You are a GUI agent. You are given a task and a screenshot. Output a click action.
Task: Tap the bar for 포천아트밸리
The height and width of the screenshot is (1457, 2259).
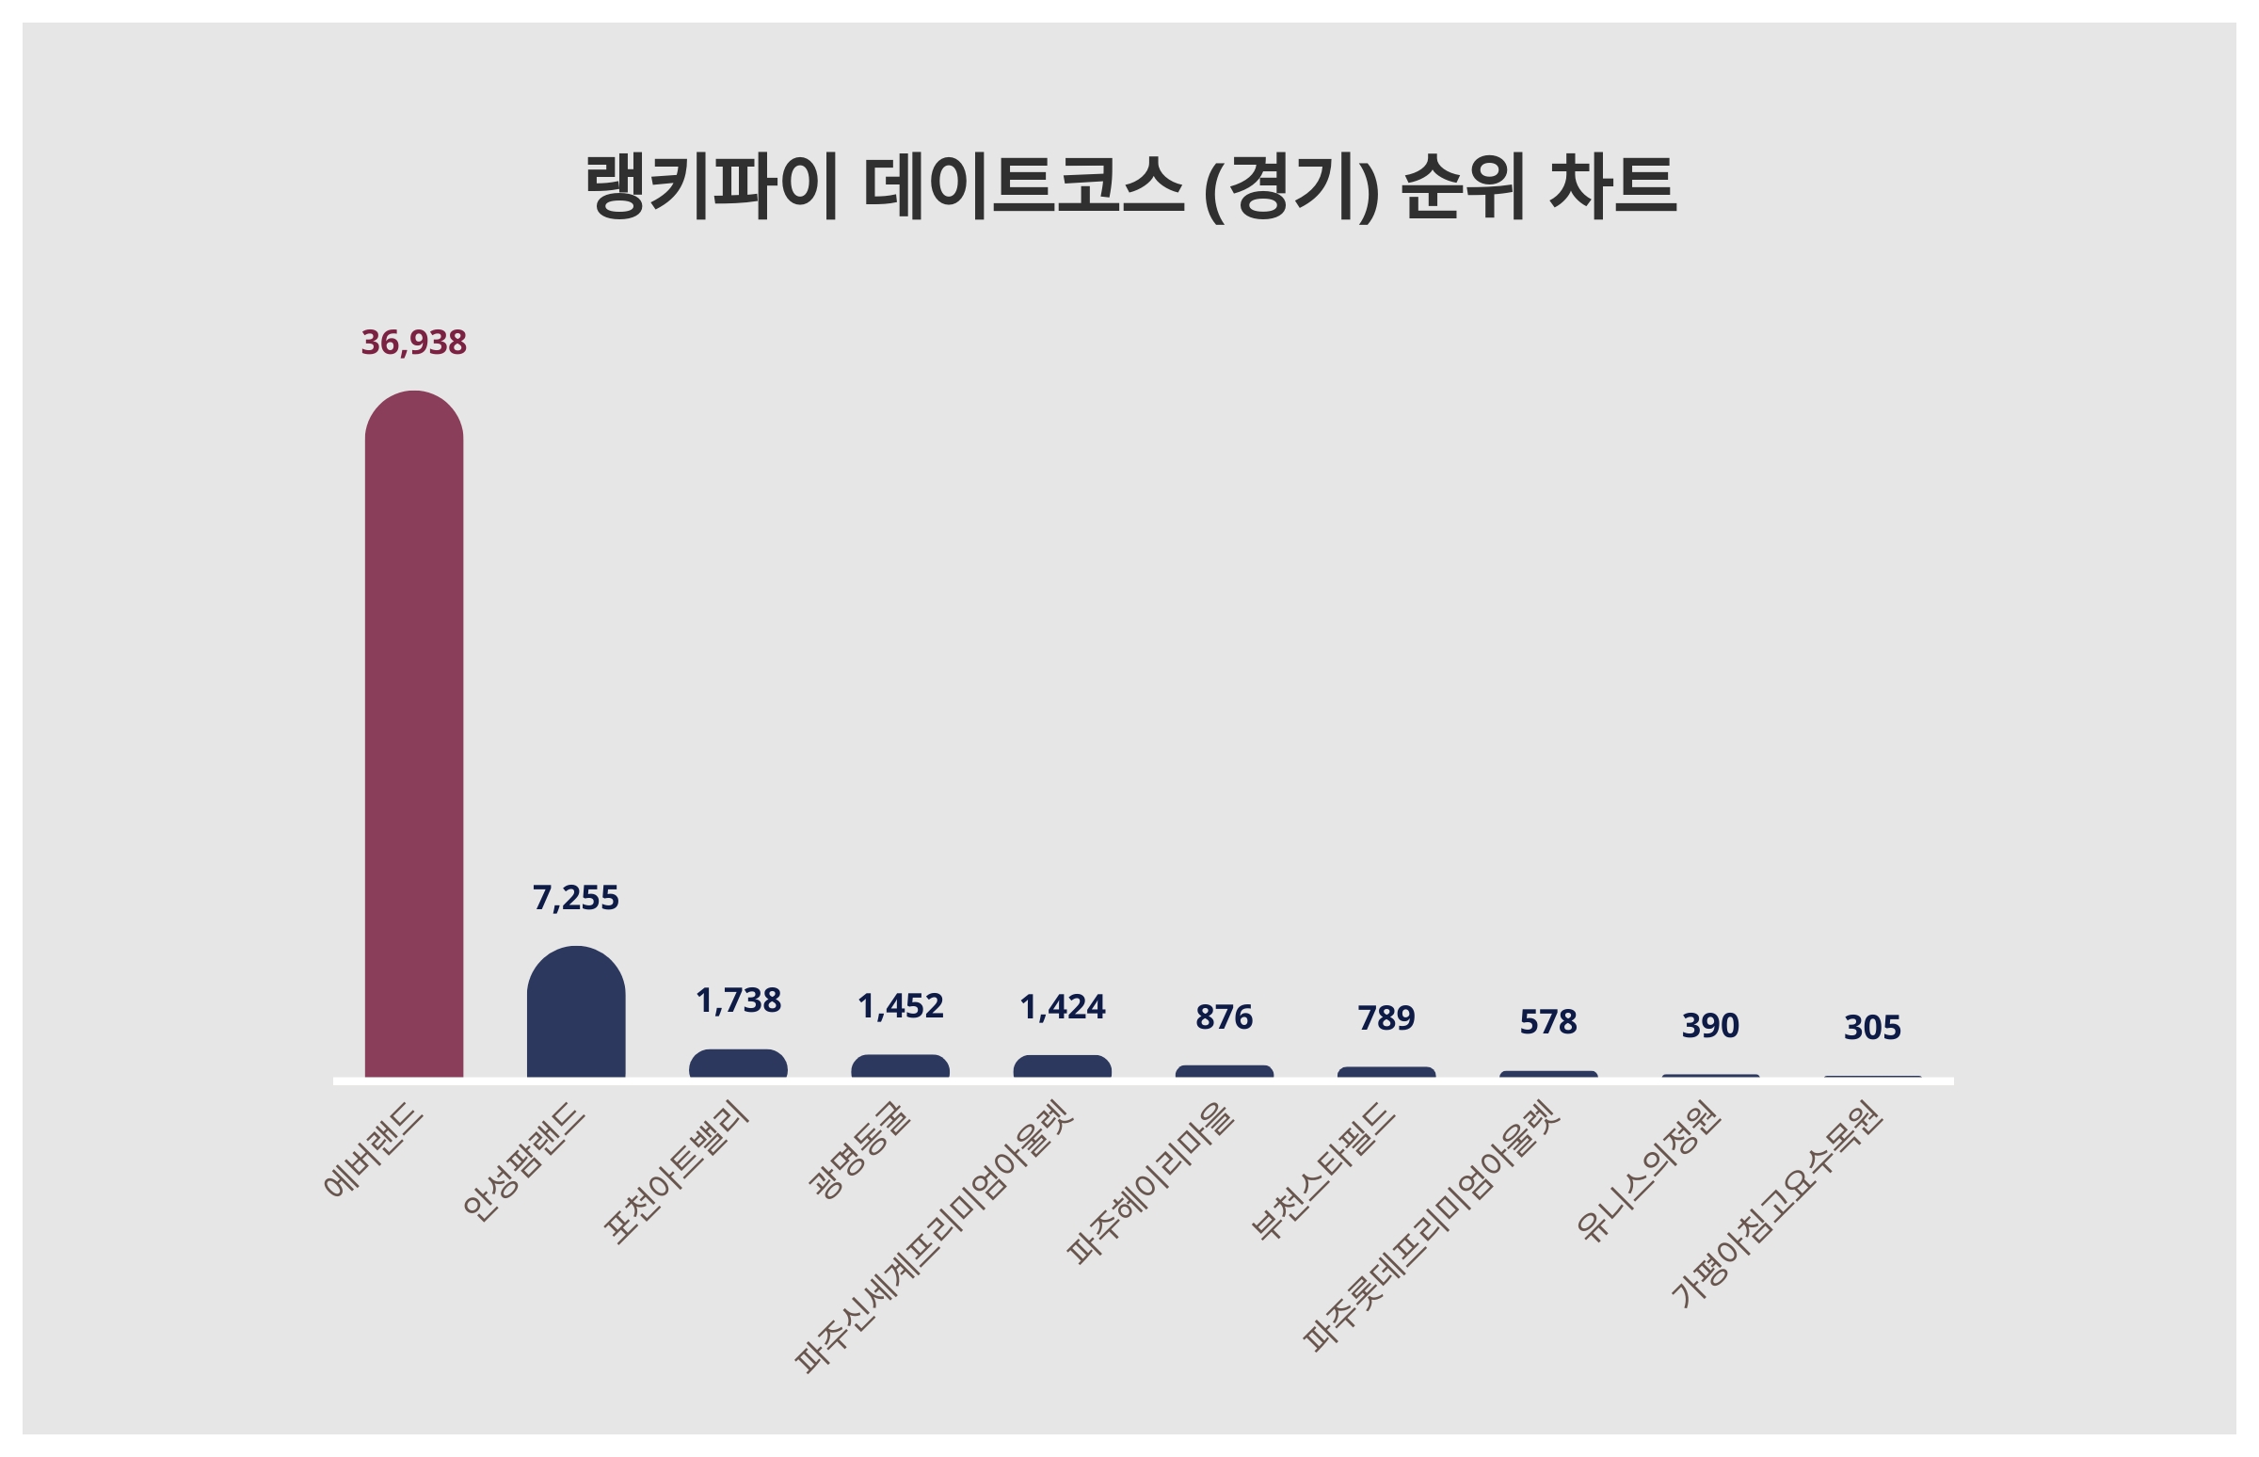point(738,1064)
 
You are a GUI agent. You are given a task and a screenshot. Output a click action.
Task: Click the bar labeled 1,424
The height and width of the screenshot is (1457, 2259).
point(1062,1066)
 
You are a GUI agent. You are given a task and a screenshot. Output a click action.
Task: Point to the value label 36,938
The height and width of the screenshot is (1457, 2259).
point(413,343)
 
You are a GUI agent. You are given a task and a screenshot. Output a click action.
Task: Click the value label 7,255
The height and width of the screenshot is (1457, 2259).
point(575,898)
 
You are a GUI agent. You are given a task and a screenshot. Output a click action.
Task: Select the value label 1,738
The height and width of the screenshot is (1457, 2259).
point(738,1001)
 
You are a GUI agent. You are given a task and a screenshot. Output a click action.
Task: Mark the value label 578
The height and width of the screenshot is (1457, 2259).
point(1547,1022)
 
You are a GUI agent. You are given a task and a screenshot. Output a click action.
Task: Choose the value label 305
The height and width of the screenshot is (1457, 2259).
point(1871,1028)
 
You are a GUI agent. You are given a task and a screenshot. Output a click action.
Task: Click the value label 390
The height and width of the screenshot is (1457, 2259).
point(1709,1026)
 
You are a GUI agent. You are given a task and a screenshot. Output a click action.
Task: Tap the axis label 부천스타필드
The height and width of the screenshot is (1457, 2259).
point(1322,1173)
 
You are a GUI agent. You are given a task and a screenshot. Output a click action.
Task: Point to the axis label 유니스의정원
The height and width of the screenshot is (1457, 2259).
point(1647,1173)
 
